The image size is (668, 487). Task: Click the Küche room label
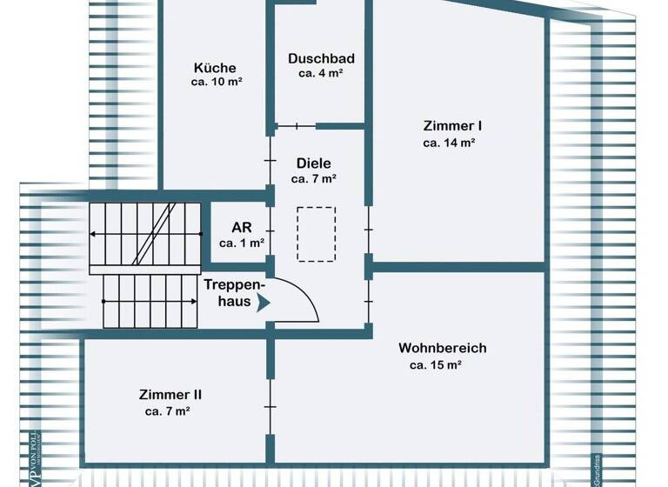coord(215,68)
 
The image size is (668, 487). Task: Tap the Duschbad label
coord(321,58)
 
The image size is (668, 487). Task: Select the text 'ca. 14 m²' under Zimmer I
coord(448,142)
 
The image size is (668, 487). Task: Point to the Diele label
coord(314,163)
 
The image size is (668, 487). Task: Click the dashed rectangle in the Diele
coord(316,233)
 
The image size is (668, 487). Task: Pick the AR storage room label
coord(241,228)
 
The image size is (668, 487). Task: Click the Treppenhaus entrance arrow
coord(264,303)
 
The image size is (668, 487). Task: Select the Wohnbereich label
coord(442,348)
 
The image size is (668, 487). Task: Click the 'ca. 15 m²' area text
coord(435,365)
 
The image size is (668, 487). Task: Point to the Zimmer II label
coord(170,394)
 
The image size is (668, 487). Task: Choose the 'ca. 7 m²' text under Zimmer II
coord(168,410)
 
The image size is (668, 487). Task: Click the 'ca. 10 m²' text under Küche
coord(217,83)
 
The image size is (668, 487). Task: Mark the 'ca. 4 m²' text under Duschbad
coord(321,74)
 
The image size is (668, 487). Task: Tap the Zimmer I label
coord(447,125)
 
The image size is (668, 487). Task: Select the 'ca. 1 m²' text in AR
coord(241,243)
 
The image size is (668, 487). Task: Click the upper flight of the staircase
coord(144,233)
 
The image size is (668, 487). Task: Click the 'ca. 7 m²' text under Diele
coord(314,178)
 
